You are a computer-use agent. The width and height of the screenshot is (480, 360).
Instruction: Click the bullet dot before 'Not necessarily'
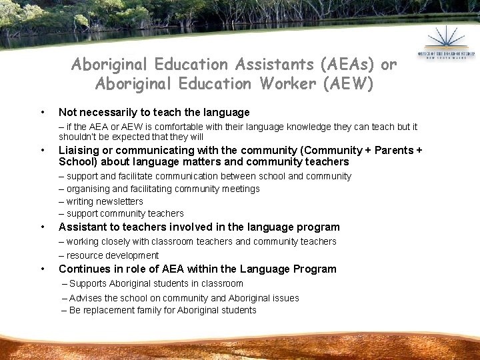tap(43, 112)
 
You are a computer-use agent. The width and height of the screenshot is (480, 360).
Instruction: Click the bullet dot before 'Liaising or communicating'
tap(43, 150)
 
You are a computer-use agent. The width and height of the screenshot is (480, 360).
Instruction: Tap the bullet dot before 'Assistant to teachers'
tap(43, 227)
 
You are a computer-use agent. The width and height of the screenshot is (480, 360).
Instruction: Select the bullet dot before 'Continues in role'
tap(43, 269)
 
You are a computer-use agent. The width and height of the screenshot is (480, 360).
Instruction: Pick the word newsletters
tap(119, 201)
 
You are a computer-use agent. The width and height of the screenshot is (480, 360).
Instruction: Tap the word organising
tap(91, 189)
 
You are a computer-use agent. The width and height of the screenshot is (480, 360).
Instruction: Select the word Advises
tap(85, 298)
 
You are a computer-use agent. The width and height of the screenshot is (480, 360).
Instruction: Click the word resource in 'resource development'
tap(84, 255)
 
